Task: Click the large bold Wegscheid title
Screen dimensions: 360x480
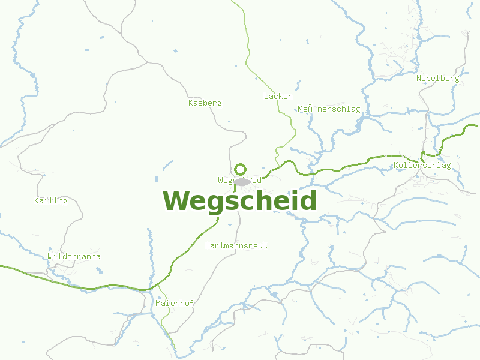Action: pyautogui.click(x=239, y=201)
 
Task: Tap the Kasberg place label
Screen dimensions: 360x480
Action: pyautogui.click(x=205, y=103)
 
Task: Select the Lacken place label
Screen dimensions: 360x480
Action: pyautogui.click(x=278, y=96)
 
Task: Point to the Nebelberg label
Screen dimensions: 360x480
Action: pyautogui.click(x=437, y=78)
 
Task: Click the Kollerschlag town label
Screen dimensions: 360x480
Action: pyautogui.click(x=422, y=166)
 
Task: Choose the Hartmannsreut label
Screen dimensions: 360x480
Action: pyautogui.click(x=236, y=245)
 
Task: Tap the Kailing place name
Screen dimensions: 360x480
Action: pyautogui.click(x=51, y=200)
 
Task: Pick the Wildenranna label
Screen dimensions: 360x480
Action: pyautogui.click(x=74, y=256)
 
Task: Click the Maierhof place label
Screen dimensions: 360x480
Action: pyautogui.click(x=174, y=303)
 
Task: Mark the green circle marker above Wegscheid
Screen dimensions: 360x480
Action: pyautogui.click(x=241, y=169)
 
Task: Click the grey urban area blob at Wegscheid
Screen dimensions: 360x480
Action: pyautogui.click(x=242, y=181)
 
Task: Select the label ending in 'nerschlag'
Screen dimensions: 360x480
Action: pyautogui.click(x=329, y=109)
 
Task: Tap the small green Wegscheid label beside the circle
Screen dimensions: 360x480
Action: pyautogui.click(x=239, y=179)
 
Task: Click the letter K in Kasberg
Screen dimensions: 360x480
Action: pyautogui.click(x=191, y=103)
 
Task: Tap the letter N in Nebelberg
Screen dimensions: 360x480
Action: pyautogui.click(x=419, y=78)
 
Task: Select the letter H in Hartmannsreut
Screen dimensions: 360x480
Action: pyautogui.click(x=208, y=245)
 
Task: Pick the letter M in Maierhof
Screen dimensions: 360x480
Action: pyautogui.click(x=158, y=303)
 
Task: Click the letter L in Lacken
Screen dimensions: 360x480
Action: pyautogui.click(x=266, y=96)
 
